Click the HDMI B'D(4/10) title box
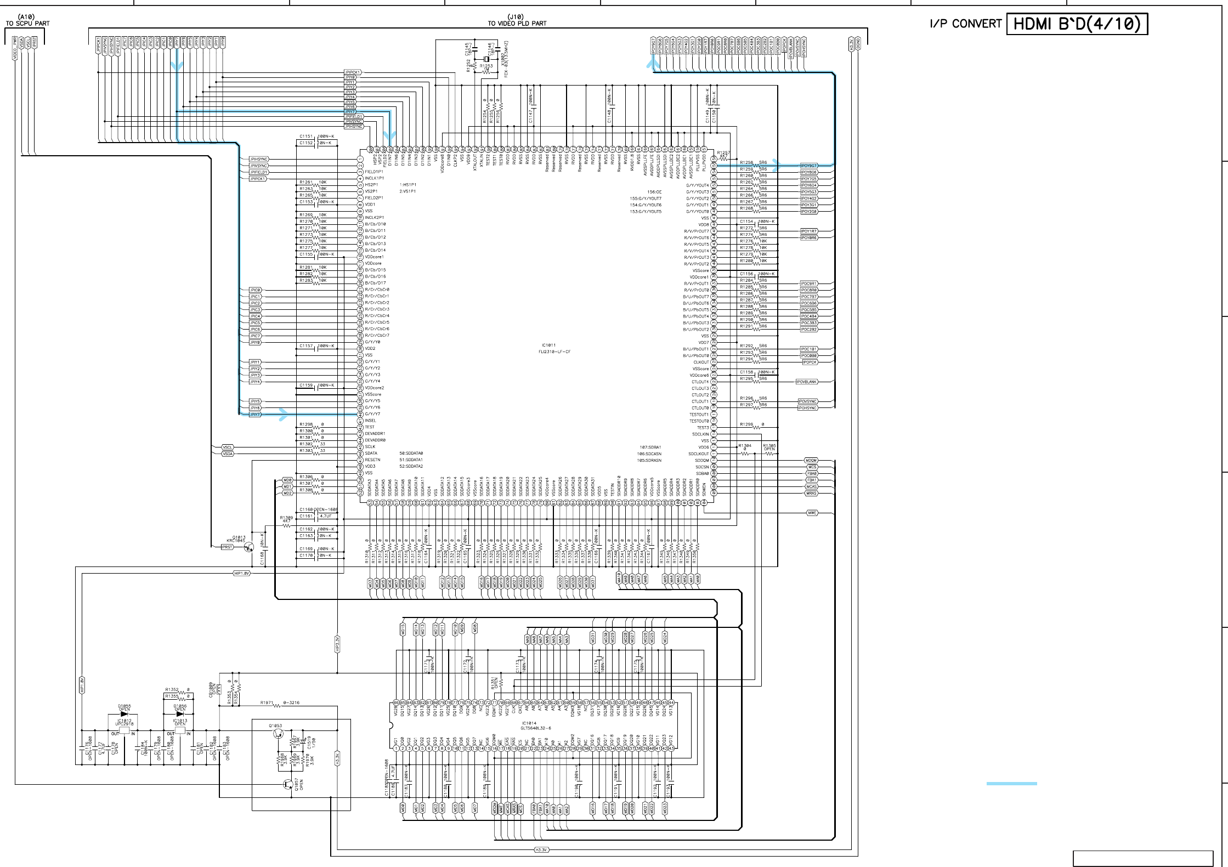click(1077, 24)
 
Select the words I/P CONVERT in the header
click(965, 24)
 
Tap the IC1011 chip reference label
click(548, 345)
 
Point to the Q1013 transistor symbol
click(249, 547)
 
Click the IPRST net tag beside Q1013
click(227, 547)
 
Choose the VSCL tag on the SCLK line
click(228, 447)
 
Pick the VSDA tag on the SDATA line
click(228, 454)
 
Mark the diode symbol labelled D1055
click(124, 714)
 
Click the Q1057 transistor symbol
click(288, 785)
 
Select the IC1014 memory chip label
click(529, 723)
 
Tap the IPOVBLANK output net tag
click(807, 382)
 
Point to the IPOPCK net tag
click(810, 362)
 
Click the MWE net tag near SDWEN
click(812, 513)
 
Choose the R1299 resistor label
click(746, 424)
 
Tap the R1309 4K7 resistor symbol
click(286, 525)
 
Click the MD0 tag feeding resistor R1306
click(287, 480)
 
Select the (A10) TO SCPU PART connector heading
click(27, 21)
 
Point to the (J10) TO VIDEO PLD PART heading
click(517, 20)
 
